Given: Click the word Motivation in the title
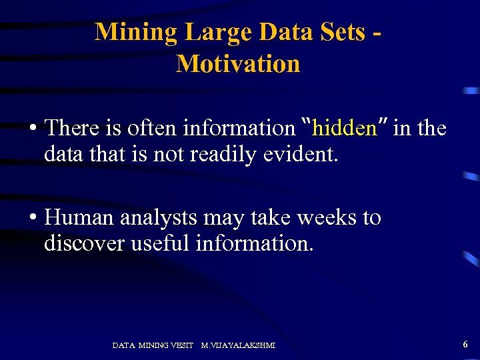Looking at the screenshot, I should [238, 64].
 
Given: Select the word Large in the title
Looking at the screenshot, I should [218, 31].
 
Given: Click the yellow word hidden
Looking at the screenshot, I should [344, 128].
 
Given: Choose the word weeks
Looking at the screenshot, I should [319, 218].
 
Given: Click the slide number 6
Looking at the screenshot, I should [465, 344].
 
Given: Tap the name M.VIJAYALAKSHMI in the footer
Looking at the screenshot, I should [238, 345].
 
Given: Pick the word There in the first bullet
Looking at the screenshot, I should [72, 128].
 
